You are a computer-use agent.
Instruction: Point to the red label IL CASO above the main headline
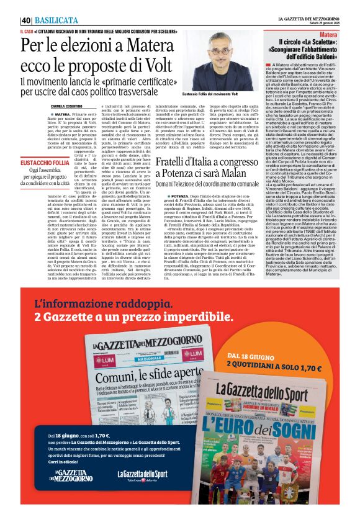click(x=28, y=30)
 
